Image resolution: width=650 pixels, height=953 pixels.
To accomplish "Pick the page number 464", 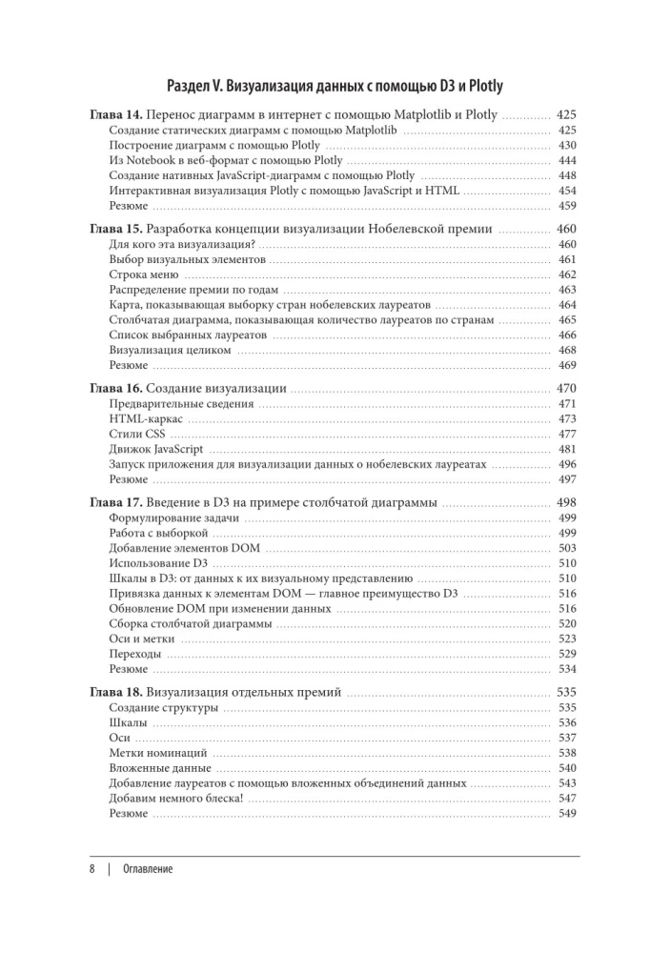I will point(567,305).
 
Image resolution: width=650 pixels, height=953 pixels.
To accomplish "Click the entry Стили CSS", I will point(137,435).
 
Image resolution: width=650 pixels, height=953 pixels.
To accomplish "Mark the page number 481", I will point(567,450).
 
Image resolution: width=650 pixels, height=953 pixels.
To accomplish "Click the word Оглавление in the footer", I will point(148,869).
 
